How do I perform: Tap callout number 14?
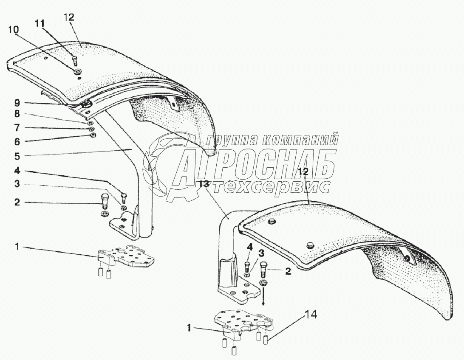(x=311, y=315)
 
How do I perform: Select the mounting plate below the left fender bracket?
(x=126, y=257)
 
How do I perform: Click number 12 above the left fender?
(x=69, y=17)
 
